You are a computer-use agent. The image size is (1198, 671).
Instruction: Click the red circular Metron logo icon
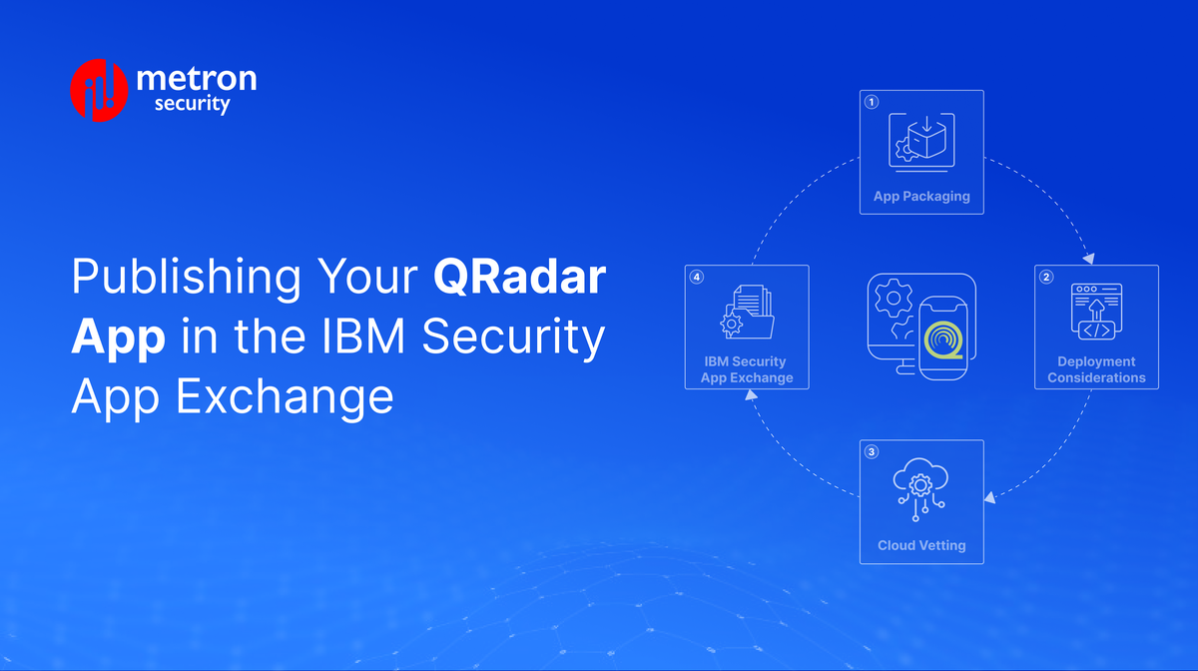click(99, 91)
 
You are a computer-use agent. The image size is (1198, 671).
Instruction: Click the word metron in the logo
click(196, 77)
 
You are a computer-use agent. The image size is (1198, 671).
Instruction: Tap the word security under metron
click(193, 104)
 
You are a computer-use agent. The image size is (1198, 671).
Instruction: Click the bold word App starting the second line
click(118, 337)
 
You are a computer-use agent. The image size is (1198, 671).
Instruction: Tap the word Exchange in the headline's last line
click(285, 397)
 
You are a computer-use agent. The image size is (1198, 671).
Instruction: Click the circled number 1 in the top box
click(872, 102)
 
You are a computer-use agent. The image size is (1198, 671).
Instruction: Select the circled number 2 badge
click(1046, 277)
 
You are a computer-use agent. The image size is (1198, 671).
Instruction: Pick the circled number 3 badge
click(872, 451)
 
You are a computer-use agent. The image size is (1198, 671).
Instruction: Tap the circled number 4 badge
click(697, 277)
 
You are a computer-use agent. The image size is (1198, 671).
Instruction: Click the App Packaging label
click(921, 197)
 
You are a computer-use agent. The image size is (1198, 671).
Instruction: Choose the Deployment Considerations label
click(1096, 369)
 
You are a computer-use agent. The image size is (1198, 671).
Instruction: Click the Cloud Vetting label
click(921, 545)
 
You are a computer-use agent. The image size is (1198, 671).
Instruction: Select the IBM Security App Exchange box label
click(747, 369)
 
